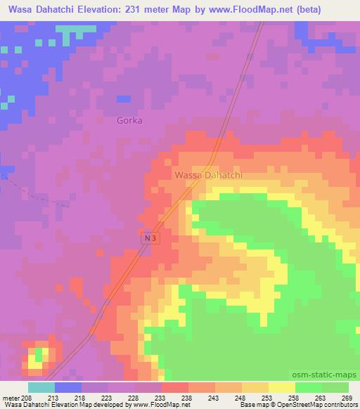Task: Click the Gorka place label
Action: (x=129, y=120)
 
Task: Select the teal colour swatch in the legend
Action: (x=41, y=387)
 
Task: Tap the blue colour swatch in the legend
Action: (x=67, y=387)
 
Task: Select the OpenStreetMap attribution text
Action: (x=304, y=405)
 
